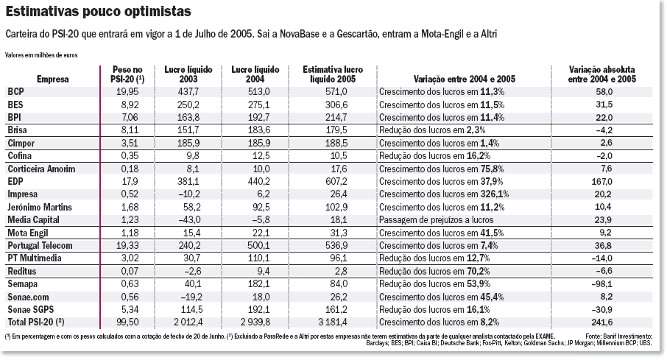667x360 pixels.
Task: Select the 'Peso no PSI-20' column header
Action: point(126,74)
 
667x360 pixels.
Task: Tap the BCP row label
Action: point(15,91)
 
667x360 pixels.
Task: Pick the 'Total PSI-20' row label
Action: point(36,322)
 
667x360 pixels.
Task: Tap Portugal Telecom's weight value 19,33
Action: point(127,245)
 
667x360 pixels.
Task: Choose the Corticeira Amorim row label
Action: point(42,168)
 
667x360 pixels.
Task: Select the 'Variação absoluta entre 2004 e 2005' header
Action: point(603,74)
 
